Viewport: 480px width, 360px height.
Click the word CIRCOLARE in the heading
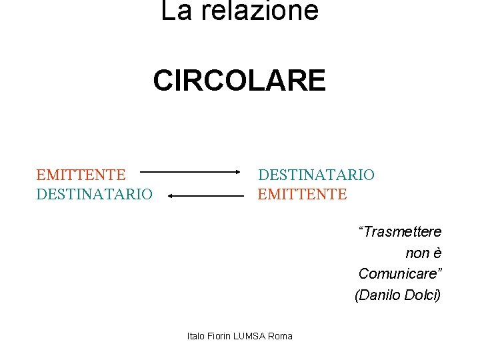click(239, 81)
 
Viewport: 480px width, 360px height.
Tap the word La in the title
click(175, 11)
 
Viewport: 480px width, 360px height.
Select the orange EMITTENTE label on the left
click(81, 175)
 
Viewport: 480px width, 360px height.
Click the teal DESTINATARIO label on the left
click(94, 194)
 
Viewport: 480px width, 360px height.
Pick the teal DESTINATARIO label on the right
click(316, 175)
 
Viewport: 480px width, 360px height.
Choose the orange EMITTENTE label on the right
click(302, 194)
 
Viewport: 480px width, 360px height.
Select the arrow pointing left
click(207, 196)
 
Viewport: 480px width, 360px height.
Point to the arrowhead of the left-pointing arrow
click(171, 196)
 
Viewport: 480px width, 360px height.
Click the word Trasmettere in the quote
click(400, 232)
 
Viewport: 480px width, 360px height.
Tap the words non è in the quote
click(423, 253)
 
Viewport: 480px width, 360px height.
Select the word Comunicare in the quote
click(397, 274)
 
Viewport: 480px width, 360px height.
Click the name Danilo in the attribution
click(380, 295)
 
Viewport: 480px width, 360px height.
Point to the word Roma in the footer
click(280, 336)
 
